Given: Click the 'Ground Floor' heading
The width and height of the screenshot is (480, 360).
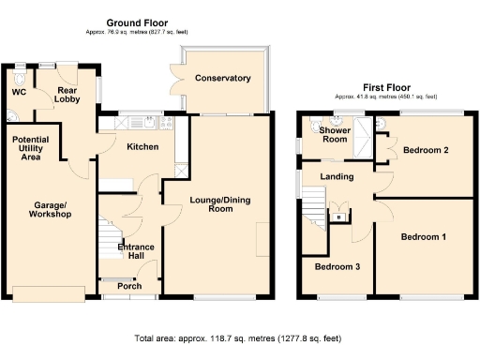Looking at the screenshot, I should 137,22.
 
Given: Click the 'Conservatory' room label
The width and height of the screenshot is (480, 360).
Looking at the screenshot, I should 222,79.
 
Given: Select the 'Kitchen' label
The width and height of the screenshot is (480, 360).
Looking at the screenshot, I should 142,147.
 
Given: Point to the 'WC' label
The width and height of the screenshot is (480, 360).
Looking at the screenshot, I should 18,93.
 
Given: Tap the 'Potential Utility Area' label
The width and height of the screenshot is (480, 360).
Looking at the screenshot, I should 30,149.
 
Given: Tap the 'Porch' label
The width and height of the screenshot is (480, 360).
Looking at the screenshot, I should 129,286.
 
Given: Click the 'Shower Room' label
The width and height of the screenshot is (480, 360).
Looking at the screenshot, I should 334,135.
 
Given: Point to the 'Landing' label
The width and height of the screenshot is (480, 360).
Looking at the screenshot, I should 337,176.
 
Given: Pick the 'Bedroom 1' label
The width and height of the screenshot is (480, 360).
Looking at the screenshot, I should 423,236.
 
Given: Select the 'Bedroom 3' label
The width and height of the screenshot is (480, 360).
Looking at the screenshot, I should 336,266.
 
